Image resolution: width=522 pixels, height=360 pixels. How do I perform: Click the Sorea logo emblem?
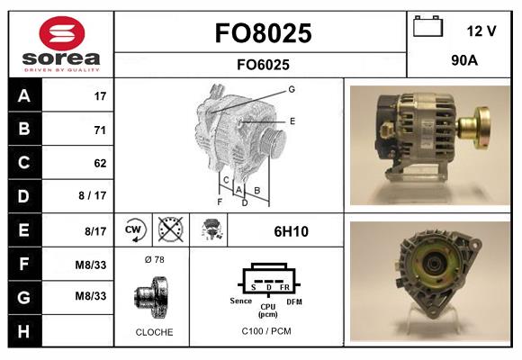60,35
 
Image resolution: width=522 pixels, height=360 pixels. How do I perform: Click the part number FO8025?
263,34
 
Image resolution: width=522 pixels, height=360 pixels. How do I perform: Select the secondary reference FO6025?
263,64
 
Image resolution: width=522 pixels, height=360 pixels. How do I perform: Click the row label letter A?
24,95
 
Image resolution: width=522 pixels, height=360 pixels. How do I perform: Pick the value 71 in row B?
100,130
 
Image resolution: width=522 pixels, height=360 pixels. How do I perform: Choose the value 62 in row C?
100,163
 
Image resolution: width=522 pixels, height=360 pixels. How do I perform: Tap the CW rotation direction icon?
135,230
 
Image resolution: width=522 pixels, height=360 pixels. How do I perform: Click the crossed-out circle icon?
170,230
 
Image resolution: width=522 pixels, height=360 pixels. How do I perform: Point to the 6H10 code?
291,231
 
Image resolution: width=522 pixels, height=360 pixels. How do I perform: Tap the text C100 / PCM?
267,331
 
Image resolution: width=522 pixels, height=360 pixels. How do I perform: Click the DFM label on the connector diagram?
293,302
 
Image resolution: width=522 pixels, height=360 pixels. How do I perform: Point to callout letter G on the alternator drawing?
292,89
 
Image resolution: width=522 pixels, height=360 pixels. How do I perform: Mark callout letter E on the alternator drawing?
292,120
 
